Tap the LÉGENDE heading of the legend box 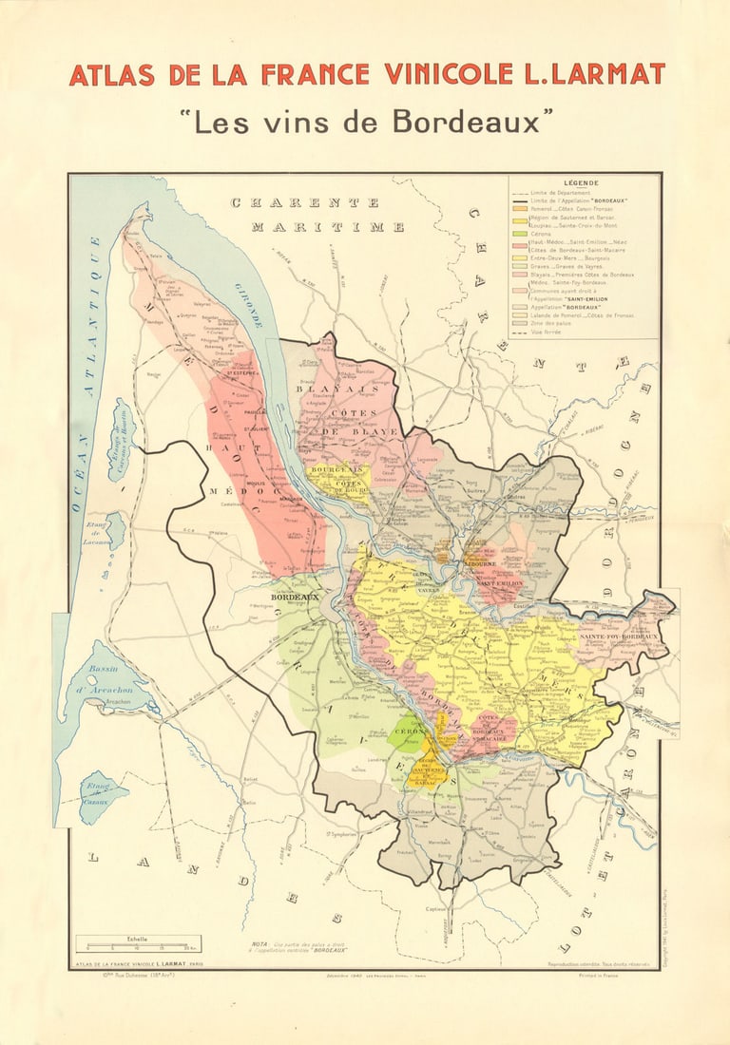click(x=581, y=182)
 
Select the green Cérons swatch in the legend click(x=519, y=234)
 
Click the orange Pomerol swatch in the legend click(x=519, y=209)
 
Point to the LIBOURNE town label click(x=480, y=563)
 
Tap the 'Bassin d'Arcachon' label click(x=115, y=676)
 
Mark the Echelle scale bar click(x=138, y=946)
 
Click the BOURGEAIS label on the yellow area click(x=334, y=469)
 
